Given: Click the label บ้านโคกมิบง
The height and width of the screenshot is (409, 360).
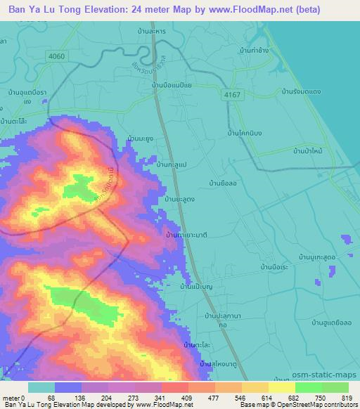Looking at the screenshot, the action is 246,131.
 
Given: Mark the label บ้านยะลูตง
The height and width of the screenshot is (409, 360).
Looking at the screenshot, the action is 180,200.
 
